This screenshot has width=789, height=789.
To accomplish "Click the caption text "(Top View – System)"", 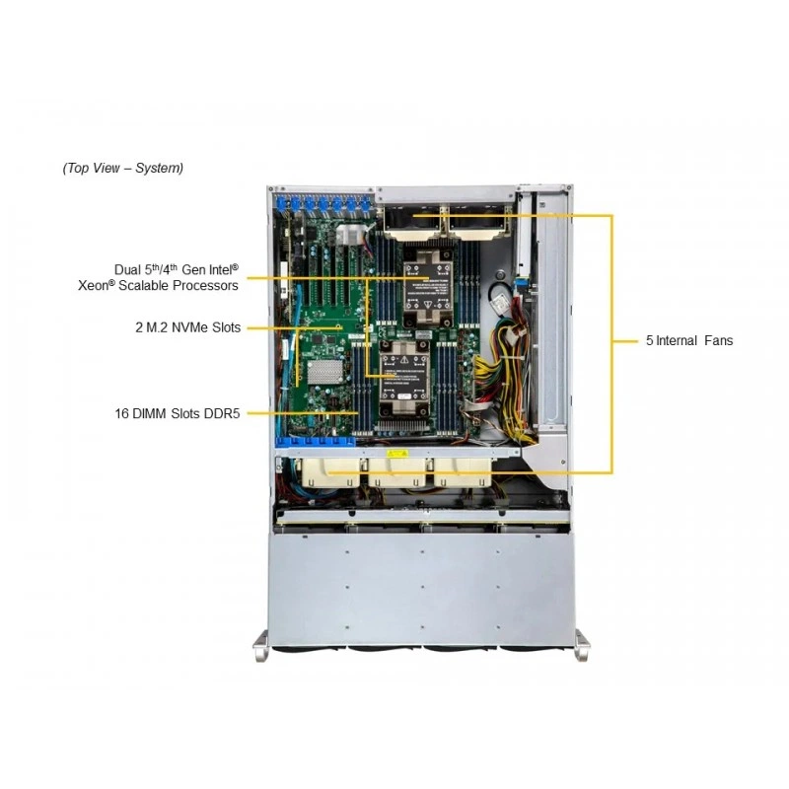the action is pos(122,168).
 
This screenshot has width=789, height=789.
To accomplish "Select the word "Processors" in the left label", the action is pos(205,286).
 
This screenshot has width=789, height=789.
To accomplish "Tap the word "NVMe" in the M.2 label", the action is pos(189,327).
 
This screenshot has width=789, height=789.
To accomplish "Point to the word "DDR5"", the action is pos(221,413).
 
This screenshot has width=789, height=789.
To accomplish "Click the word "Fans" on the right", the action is pos(719,340).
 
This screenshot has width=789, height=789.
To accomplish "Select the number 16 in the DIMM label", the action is pos(121,413).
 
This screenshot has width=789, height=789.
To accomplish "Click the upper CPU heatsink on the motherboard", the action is pos(428,288).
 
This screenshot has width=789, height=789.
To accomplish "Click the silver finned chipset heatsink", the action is pos(325,373).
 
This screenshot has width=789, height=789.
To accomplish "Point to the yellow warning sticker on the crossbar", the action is pos(397,454).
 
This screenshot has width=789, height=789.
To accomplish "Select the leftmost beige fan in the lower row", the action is pos(330,472).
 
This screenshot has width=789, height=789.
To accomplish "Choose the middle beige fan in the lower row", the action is pos(397,472).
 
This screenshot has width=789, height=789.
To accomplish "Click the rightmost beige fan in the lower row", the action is pos(463,472).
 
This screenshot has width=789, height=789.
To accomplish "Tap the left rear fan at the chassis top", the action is pos(412,220).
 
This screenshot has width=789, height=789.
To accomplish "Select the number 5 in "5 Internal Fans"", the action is pos(650,340).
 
